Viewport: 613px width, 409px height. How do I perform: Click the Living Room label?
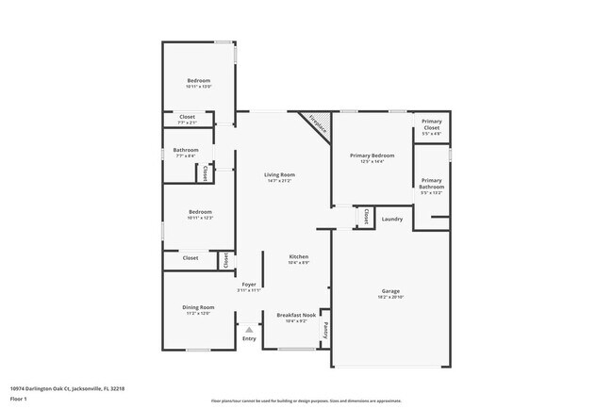coord(279,175)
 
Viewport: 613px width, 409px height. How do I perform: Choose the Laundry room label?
coord(392,220)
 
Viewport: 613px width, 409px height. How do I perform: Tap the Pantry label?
coord(325,330)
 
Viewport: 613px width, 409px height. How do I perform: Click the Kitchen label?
coord(298,256)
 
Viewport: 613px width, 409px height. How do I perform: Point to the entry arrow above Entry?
coord(249,329)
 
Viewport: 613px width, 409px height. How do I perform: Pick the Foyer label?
coord(249,284)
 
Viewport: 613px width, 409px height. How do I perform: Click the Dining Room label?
coord(198,307)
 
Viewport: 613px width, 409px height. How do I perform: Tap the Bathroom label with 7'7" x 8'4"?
coord(186,150)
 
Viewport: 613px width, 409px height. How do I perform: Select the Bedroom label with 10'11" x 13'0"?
coord(198,81)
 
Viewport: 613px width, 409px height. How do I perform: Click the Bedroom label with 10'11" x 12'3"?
coord(199,212)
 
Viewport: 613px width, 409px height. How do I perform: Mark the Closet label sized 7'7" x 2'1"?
coord(187,118)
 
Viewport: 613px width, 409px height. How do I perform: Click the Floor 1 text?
coord(18,399)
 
